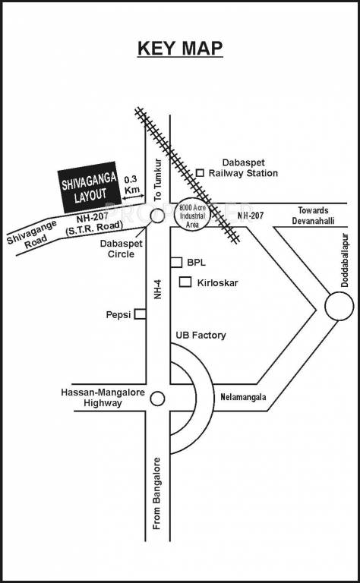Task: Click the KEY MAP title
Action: [x=180, y=49]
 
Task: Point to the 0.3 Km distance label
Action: [x=132, y=184]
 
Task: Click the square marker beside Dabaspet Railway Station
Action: [x=201, y=173]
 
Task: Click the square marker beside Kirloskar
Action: [x=185, y=282]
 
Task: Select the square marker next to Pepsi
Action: [x=140, y=314]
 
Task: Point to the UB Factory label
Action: [x=201, y=335]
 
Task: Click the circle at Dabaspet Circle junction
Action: [x=157, y=216]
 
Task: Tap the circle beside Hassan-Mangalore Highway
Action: [x=157, y=399]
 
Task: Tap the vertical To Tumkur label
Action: [x=158, y=179]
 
